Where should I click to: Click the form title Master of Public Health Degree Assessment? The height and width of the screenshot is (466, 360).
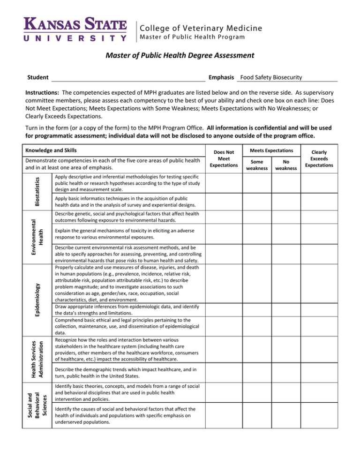[180, 56]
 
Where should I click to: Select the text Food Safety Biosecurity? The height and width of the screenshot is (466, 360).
[271, 77]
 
